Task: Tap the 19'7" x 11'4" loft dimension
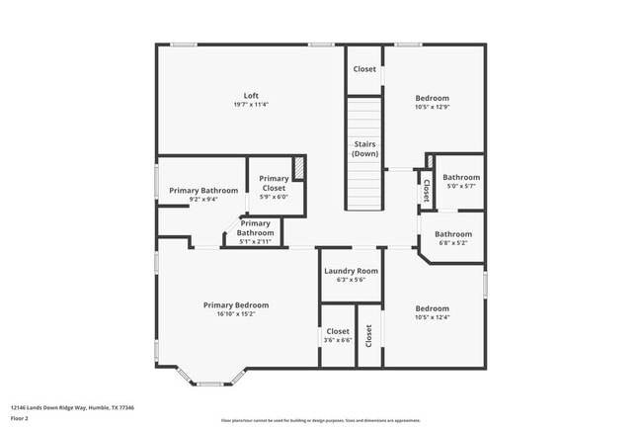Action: coord(251,104)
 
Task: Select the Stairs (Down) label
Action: coord(365,149)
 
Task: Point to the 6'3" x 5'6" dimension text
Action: coord(351,280)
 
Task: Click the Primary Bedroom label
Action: coord(236,305)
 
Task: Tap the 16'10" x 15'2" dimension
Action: coord(236,314)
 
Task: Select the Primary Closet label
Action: coord(274,183)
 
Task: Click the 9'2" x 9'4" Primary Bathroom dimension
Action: coord(203,199)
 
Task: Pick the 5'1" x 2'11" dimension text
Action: coord(254,241)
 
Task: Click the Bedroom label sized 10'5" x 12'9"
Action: coord(432,98)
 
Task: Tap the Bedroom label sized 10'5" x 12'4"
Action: coord(432,308)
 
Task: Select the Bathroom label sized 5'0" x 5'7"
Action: coord(460,177)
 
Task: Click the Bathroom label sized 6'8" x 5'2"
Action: coord(453,234)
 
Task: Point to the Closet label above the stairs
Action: coord(364,69)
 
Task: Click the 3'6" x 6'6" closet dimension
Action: coord(338,340)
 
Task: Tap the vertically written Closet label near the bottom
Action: coord(368,336)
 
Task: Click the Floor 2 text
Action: coord(20,419)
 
